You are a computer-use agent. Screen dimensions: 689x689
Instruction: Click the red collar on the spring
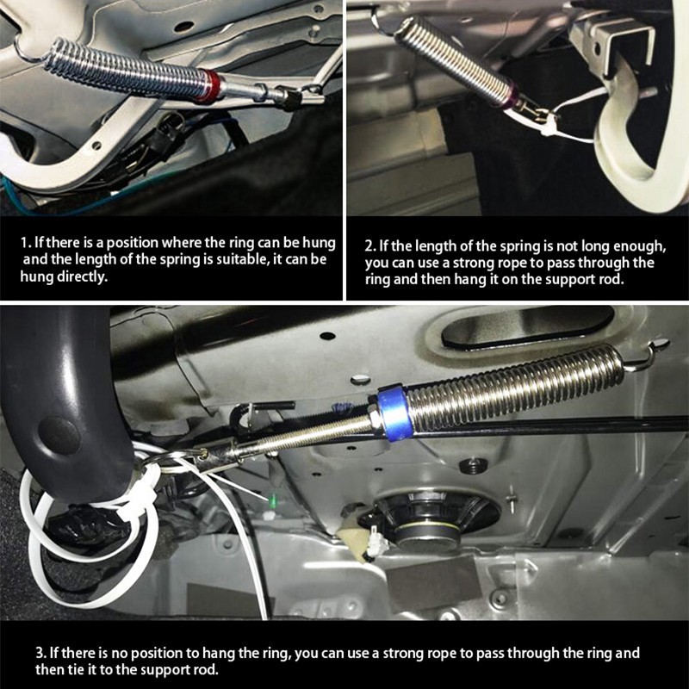pos(213,85)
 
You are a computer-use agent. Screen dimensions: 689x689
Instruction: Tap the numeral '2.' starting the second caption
pos(370,246)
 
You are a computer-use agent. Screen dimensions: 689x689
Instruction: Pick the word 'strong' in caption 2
pos(471,264)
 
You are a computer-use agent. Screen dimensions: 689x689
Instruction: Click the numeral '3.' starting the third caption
pos(40,653)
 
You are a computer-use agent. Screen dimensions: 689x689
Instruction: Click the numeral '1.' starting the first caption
pos(26,243)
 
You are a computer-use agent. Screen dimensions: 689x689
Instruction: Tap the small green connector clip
pos(273,500)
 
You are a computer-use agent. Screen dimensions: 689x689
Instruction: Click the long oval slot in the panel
pos(527,327)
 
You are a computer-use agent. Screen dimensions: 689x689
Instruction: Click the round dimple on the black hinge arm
pos(59,436)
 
